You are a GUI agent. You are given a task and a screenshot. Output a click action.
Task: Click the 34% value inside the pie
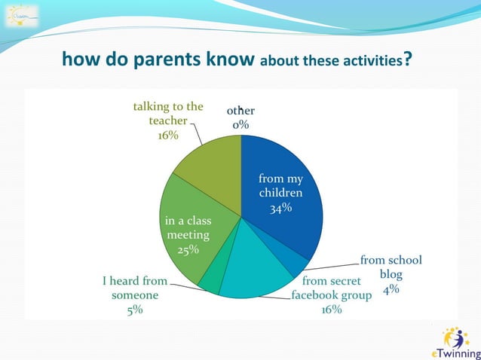coord(281,209)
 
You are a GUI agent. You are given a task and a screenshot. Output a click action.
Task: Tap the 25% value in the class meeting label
coord(188,249)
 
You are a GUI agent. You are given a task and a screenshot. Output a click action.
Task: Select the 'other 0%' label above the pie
coord(240,118)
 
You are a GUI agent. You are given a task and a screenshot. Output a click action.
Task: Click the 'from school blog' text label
coord(391,267)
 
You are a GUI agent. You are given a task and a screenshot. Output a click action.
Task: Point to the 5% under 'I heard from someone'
coord(135,310)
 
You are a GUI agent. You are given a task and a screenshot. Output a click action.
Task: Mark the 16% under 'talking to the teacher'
coord(167,135)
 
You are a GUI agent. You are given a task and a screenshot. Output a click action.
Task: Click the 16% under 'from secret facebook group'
coord(332,310)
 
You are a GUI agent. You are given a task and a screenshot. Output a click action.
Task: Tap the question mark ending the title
coord(407,59)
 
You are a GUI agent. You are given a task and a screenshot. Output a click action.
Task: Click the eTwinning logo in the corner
coord(454,343)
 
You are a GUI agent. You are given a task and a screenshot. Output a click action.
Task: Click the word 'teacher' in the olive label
coord(167,121)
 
